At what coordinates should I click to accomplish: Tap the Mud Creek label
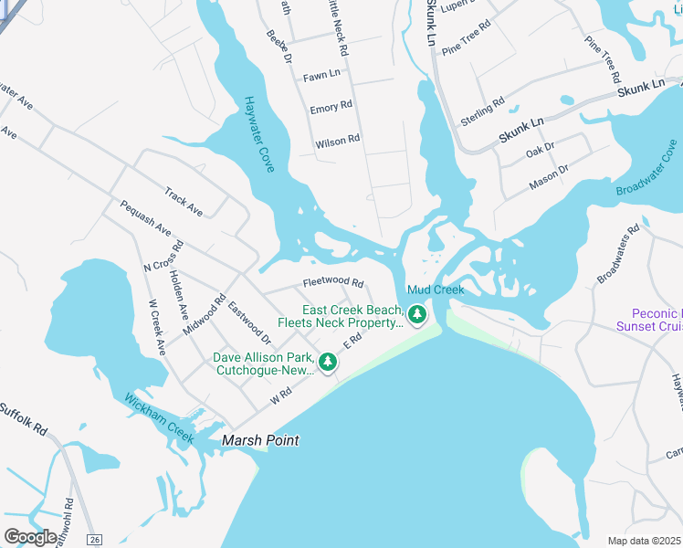click(436, 290)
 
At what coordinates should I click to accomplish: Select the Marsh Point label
click(260, 440)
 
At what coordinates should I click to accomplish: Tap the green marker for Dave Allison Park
click(327, 363)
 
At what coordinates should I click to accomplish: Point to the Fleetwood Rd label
click(333, 283)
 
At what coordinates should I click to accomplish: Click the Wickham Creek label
click(160, 418)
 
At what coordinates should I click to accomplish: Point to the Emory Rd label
click(331, 108)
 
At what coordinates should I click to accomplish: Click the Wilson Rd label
click(338, 142)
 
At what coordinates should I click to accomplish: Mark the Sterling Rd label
click(483, 114)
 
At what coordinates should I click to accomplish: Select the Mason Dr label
click(549, 176)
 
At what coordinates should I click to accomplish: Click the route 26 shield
click(95, 540)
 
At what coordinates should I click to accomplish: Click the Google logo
click(31, 536)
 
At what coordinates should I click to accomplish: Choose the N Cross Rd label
click(163, 257)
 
